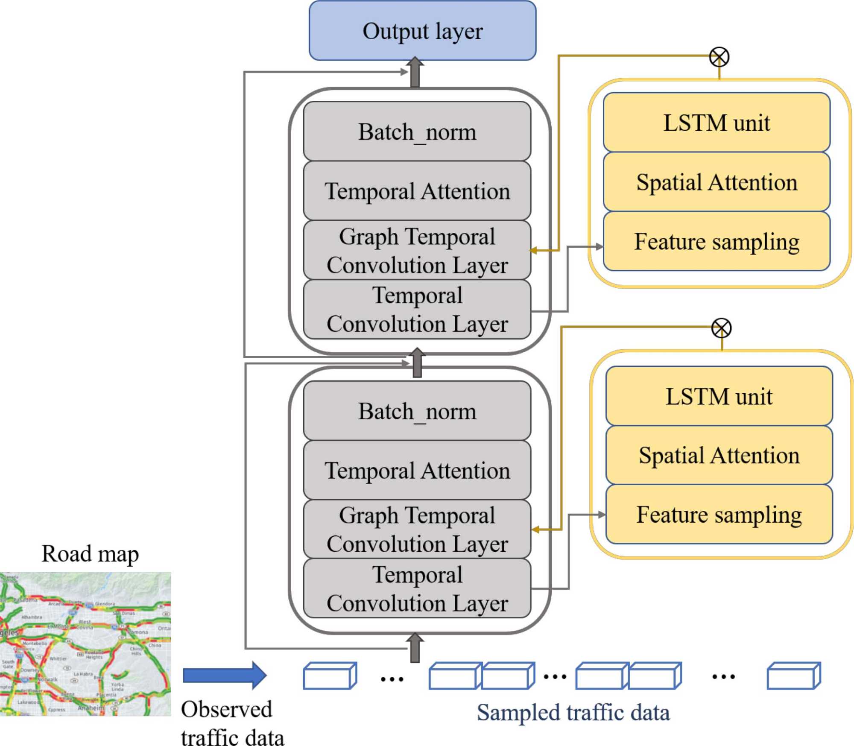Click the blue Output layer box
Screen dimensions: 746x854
[422, 31]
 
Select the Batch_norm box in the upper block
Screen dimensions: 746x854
[417, 131]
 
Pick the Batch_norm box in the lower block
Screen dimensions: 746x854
[417, 411]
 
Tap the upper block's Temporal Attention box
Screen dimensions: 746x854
[417, 190]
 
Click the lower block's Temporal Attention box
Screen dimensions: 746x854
[417, 470]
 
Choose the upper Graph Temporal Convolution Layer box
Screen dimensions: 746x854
[417, 250]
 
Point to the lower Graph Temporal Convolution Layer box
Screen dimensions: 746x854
[417, 529]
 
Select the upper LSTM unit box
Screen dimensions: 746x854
[717, 122]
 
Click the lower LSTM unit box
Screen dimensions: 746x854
[719, 396]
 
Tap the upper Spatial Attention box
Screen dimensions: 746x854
[717, 181]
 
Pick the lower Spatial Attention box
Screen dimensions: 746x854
[719, 455]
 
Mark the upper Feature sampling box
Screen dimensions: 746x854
[717, 241]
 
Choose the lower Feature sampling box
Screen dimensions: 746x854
[719, 514]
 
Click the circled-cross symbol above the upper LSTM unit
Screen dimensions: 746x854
[719, 57]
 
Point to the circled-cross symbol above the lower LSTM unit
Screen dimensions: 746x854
[722, 328]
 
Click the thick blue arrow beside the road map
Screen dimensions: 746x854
[225, 676]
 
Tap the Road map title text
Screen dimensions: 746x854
[90, 554]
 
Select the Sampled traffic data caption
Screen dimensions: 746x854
[573, 712]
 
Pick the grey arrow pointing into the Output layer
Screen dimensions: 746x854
[415, 73]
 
